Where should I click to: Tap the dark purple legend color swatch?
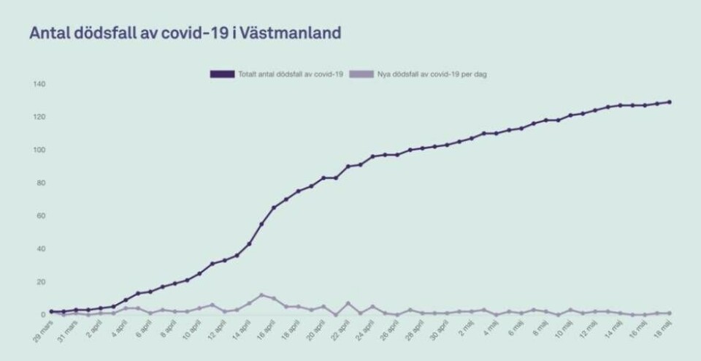pos(222,74)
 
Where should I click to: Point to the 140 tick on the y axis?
pos(39,84)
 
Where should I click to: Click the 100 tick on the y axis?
pos(39,150)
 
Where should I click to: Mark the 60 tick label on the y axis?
pos(40,216)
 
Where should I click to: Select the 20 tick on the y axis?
pos(40,281)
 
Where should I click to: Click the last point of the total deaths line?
pos(670,102)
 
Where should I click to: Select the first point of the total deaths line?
pos(51,311)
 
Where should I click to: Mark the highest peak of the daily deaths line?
pos(261,295)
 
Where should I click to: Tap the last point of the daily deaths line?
pos(670,313)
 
